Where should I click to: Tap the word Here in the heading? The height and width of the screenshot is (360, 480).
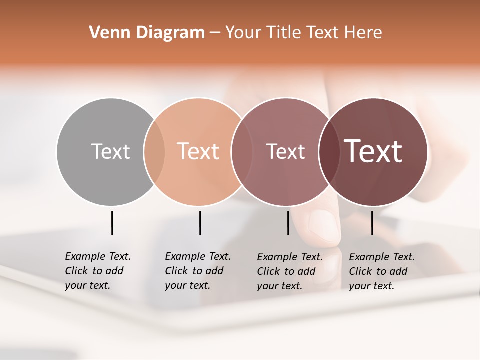(363, 33)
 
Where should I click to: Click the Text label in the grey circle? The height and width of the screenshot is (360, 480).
(110, 151)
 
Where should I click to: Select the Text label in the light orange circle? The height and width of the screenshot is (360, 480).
(198, 151)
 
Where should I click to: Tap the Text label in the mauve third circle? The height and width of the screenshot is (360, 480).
(285, 151)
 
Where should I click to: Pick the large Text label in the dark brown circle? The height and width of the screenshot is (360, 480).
(373, 151)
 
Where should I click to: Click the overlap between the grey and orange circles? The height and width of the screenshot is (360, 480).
(154, 151)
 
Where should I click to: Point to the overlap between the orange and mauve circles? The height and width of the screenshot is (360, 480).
(241, 151)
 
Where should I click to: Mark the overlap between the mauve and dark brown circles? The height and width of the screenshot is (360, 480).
(328, 151)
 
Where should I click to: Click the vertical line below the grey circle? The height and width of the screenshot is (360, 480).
(112, 223)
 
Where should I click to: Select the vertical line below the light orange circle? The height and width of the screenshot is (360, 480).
(200, 223)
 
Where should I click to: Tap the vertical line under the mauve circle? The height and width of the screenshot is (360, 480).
(288, 223)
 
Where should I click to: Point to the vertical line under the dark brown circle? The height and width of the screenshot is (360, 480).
(372, 223)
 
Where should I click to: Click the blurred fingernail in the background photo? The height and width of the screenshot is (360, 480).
(323, 225)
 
